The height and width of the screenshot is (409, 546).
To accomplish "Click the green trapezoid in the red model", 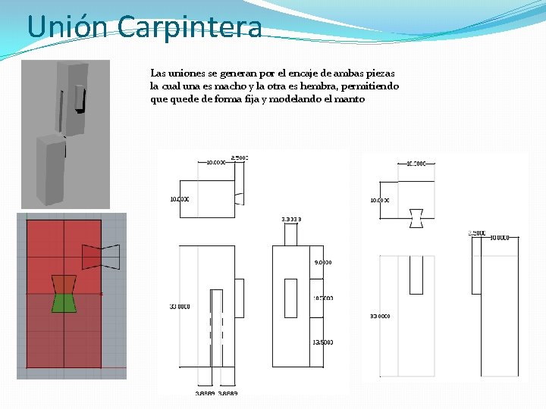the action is [x=64, y=303].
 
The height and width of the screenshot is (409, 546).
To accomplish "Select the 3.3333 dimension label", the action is [x=291, y=219].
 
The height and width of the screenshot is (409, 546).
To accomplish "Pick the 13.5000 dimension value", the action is [x=322, y=342].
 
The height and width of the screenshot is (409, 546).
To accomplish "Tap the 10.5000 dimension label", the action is [x=322, y=298].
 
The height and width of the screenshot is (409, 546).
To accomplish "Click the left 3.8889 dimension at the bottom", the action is [x=205, y=393].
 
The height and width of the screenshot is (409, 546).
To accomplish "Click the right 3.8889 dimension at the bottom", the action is [x=228, y=393].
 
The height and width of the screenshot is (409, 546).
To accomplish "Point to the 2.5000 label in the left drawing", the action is [x=240, y=158].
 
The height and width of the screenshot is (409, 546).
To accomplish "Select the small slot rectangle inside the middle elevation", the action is [x=290, y=298].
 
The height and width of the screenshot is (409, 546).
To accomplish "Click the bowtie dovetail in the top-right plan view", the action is [x=416, y=217].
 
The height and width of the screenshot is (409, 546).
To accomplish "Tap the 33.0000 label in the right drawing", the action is [x=380, y=316].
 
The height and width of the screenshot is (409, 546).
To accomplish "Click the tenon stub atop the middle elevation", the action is [x=290, y=235].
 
